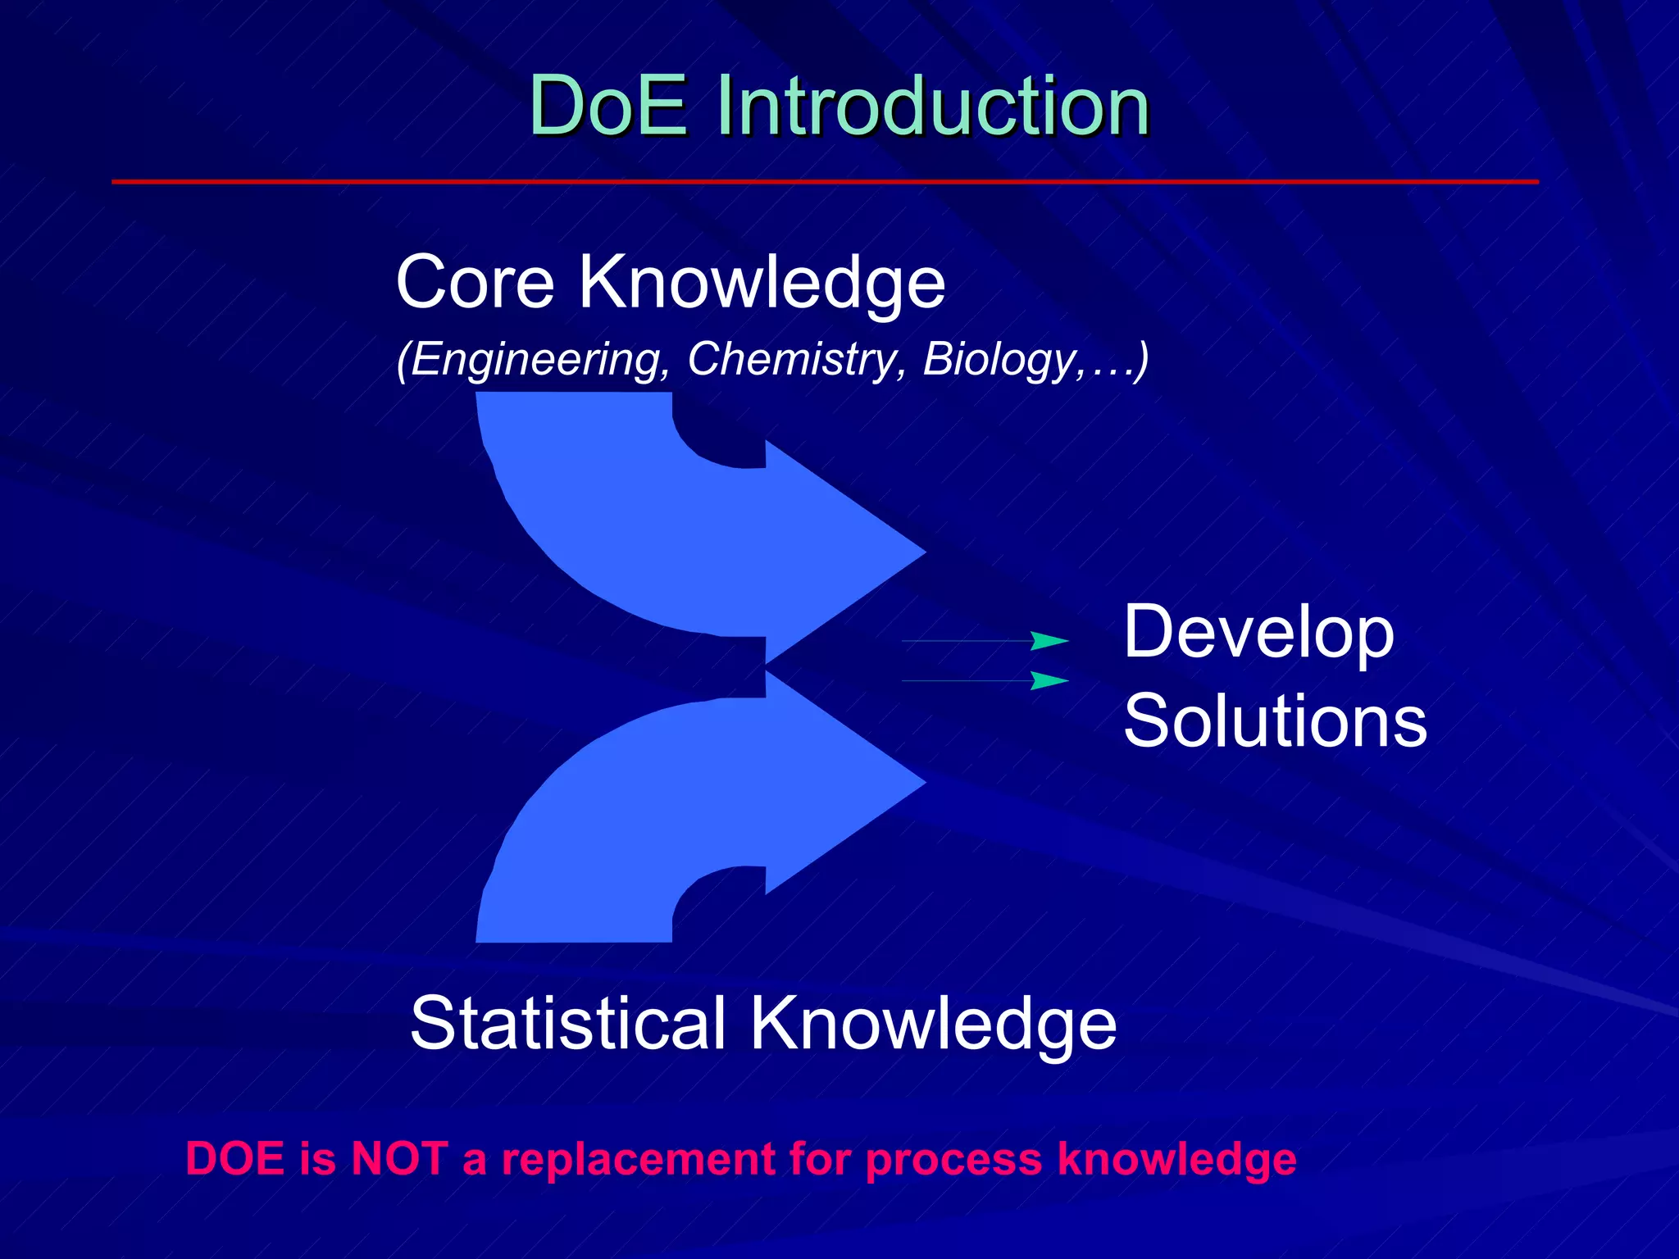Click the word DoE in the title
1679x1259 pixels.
(608, 107)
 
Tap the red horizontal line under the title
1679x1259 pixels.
(824, 181)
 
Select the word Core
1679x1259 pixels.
(475, 283)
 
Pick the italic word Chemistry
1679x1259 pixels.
(792, 359)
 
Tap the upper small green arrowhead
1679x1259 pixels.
(1048, 641)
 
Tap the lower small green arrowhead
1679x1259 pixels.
(1048, 680)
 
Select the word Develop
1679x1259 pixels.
(1258, 634)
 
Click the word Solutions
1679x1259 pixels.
(1275, 721)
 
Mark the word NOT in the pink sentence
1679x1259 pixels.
(398, 1159)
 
